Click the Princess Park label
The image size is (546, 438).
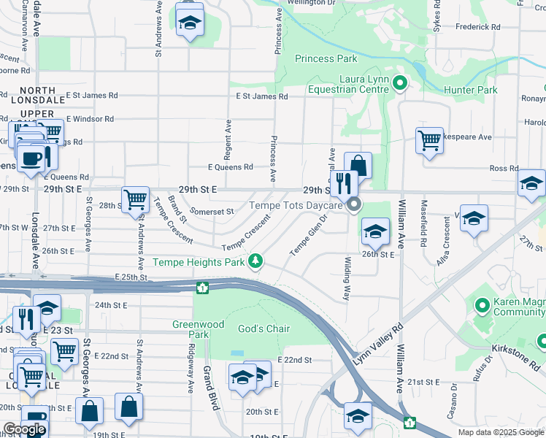(326, 58)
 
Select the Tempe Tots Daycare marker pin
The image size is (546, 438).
(355, 205)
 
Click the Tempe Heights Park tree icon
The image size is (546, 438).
(255, 261)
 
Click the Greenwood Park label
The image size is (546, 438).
(191, 329)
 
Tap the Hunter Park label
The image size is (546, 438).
(471, 91)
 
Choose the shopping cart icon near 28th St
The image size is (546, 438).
(135, 199)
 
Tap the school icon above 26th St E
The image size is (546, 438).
(375, 231)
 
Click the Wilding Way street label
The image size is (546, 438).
(347, 278)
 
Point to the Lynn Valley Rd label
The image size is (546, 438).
(379, 346)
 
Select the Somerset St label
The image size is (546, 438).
(211, 211)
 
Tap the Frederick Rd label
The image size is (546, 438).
(477, 27)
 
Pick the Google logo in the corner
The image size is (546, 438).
(24, 429)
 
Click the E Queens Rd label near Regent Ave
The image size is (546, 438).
(230, 167)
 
